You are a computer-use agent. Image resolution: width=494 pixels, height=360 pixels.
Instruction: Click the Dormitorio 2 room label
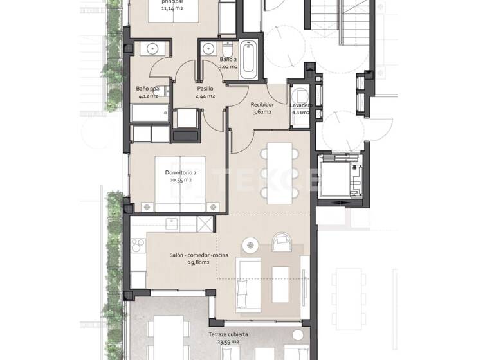(181, 172)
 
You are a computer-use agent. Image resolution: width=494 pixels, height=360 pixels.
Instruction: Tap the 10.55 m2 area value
(181, 181)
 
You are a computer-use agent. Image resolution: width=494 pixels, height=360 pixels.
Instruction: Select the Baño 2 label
(210, 59)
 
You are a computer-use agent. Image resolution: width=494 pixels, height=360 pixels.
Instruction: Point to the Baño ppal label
(147, 89)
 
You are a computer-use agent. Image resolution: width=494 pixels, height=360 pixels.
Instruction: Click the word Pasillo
(205, 89)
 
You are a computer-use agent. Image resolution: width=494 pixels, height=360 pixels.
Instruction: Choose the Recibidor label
(262, 104)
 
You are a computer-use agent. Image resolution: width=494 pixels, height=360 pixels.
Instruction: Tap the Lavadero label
(301, 105)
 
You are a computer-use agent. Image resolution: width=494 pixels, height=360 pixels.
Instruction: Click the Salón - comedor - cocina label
(199, 255)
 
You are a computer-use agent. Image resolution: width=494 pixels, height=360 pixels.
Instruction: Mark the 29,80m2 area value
(199, 263)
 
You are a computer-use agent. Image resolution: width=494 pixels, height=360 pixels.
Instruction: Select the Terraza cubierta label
(228, 334)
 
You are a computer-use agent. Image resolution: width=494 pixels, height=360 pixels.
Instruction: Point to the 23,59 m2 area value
(228, 342)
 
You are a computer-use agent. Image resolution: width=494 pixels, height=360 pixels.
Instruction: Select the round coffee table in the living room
(251, 244)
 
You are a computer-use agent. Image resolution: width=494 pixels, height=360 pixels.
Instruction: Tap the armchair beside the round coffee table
(281, 242)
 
